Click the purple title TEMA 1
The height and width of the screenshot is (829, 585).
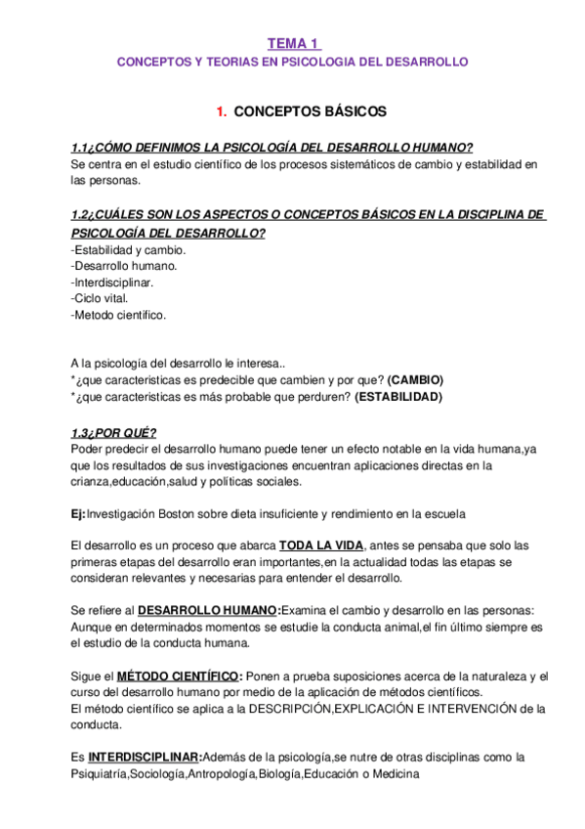tap(293, 43)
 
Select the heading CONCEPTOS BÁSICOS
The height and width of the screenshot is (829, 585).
tap(311, 111)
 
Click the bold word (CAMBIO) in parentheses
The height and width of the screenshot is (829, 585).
tap(415, 380)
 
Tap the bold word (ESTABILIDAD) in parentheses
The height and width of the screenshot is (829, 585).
tap(398, 397)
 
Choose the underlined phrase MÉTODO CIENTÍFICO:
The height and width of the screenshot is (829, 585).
tap(180, 676)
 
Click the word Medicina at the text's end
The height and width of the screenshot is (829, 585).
tap(390, 775)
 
